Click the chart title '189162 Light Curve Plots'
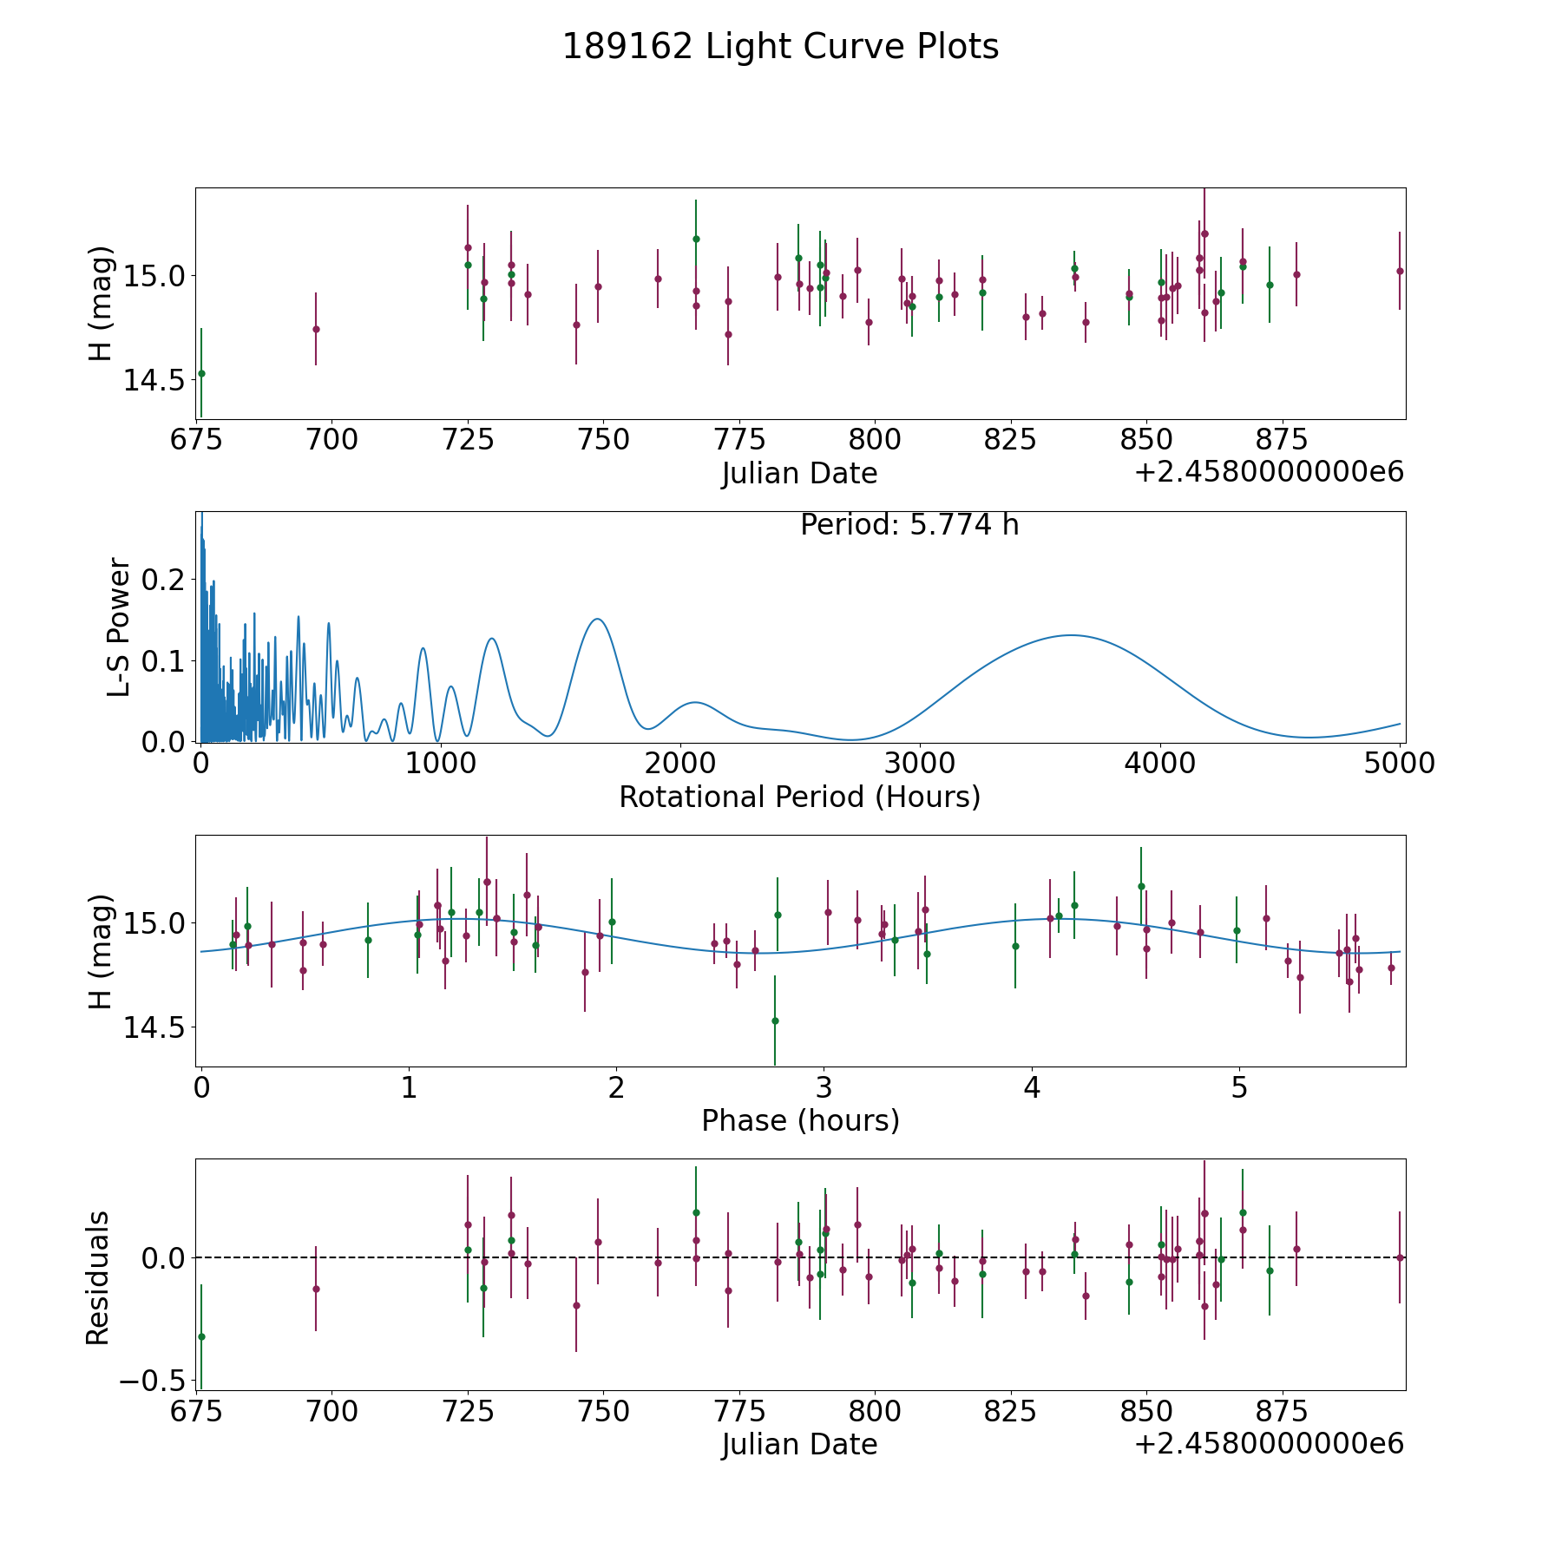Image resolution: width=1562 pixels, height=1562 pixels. [x=780, y=47]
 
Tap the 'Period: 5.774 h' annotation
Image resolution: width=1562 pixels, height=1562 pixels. [x=909, y=525]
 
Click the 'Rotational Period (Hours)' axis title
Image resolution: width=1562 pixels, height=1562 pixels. [x=799, y=797]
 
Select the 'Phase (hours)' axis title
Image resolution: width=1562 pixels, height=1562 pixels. [x=799, y=1120]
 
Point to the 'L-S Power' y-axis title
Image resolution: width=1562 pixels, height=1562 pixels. [x=120, y=627]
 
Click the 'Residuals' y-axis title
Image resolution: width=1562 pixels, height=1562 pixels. [x=98, y=1277]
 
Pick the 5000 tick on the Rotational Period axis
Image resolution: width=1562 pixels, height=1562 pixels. [x=1399, y=764]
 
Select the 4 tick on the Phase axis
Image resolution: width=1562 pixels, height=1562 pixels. [x=1031, y=1087]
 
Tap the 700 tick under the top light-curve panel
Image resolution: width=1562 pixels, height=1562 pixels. [x=333, y=440]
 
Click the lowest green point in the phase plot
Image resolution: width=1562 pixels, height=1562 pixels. [x=775, y=1021]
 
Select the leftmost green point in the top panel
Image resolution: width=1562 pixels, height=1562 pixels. [x=201, y=373]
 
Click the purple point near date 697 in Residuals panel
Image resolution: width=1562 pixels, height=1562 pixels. [x=316, y=1289]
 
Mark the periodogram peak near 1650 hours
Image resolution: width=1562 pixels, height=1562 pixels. [x=597, y=619]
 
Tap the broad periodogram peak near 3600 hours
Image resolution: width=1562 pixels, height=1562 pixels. [x=1071, y=635]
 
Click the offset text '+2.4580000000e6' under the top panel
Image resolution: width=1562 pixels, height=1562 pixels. [x=1269, y=472]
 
